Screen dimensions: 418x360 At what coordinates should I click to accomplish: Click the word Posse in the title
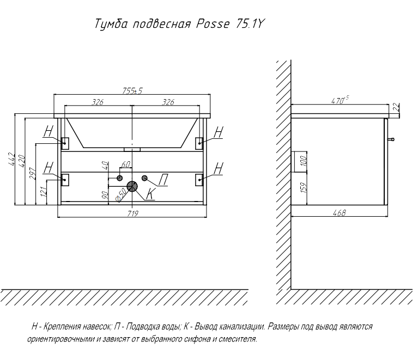(213, 24)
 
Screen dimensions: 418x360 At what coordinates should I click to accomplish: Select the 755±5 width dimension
(132, 91)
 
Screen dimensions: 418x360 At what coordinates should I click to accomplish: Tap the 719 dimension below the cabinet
(132, 213)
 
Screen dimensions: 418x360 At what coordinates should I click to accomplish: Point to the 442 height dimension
(11, 160)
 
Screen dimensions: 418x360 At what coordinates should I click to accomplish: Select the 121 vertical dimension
(43, 192)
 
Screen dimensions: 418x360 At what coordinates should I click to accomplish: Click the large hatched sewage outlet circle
(132, 186)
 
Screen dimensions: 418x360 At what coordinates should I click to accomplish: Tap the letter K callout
(150, 194)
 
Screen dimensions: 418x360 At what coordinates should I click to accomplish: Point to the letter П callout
(163, 179)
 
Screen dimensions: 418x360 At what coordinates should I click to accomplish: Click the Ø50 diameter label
(120, 195)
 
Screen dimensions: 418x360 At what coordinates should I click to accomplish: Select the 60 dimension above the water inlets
(126, 164)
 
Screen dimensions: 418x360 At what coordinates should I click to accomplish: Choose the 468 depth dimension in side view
(339, 212)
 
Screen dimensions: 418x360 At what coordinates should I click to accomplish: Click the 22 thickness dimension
(396, 107)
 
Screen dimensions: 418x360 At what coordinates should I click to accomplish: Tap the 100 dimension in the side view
(303, 161)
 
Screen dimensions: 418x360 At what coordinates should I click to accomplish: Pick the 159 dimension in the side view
(303, 187)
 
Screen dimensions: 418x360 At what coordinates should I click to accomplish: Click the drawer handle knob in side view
(391, 139)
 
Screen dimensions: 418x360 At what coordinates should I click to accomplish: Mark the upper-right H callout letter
(219, 132)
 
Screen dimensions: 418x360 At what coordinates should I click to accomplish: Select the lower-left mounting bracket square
(65, 180)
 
